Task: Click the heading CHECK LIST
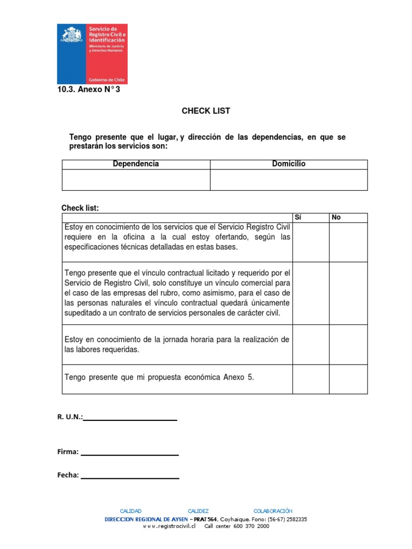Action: [205, 111]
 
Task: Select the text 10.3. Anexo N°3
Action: [89, 90]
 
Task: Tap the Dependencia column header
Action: [136, 164]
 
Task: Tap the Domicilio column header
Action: [289, 164]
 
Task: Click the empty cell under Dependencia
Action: [136, 180]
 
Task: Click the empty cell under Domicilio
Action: [289, 180]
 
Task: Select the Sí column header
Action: [299, 217]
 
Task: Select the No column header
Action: [336, 217]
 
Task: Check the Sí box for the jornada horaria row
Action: [311, 344]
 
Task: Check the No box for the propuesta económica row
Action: [348, 379]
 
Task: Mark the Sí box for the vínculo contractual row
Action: [311, 293]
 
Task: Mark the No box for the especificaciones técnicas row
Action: [348, 242]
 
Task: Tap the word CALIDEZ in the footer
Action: [198, 511]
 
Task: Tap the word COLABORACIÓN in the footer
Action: [273, 511]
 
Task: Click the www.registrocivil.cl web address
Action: [169, 526]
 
